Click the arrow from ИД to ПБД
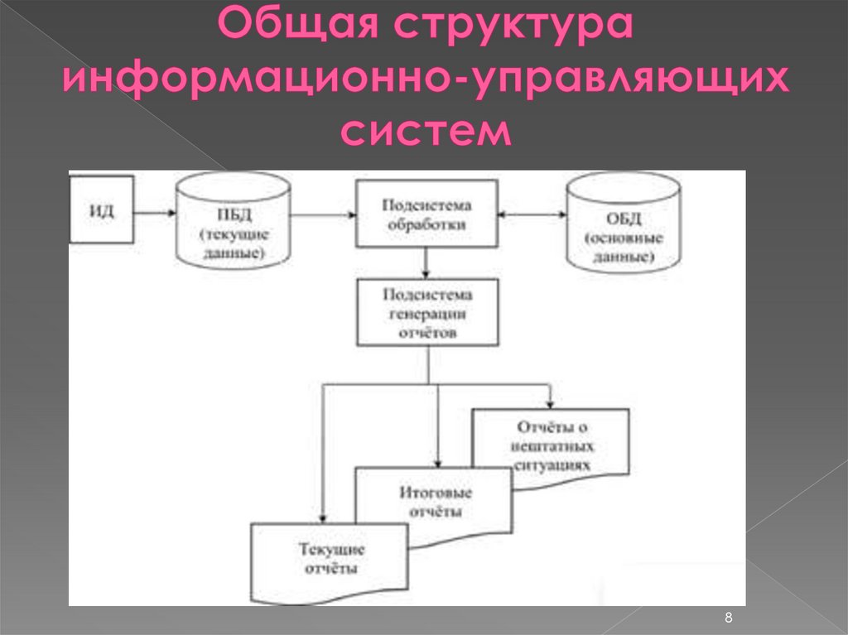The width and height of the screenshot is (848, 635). pyautogui.click(x=154, y=213)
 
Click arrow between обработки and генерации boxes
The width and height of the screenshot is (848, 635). pyautogui.click(x=426, y=262)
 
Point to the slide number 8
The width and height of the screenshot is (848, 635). pyautogui.click(x=729, y=618)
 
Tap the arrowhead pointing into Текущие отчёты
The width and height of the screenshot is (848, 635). pyautogui.click(x=323, y=517)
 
